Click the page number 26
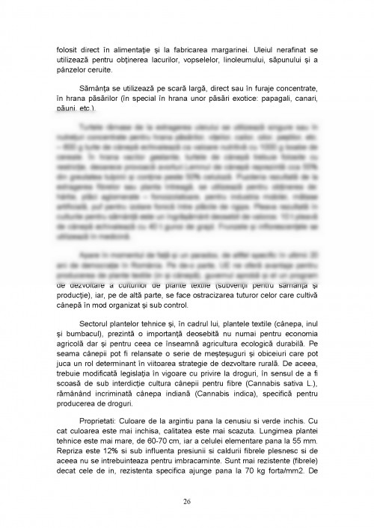coord(187,500)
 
